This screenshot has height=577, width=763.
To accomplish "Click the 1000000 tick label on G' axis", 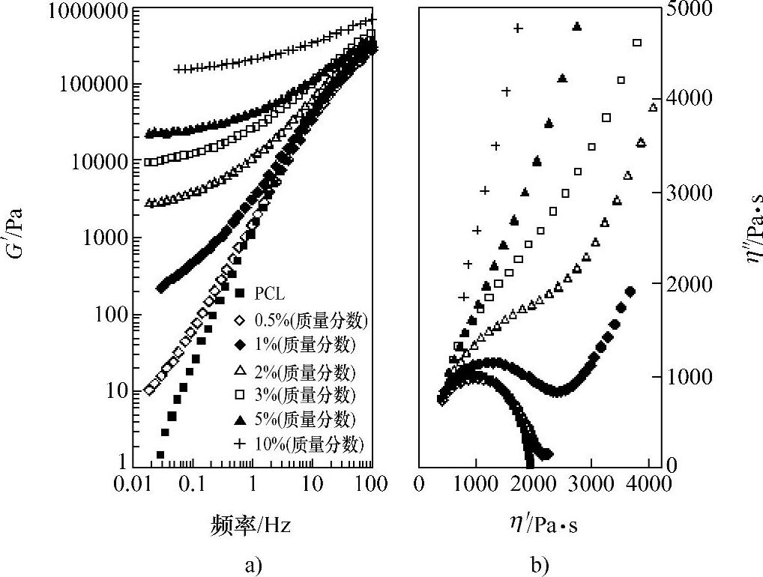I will point(65,13).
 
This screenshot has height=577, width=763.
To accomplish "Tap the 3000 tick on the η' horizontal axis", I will point(591,484).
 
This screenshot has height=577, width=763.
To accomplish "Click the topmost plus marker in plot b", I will point(518,28).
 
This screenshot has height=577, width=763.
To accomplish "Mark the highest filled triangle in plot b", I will point(576,26).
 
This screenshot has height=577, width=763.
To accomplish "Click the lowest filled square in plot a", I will point(160,455).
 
